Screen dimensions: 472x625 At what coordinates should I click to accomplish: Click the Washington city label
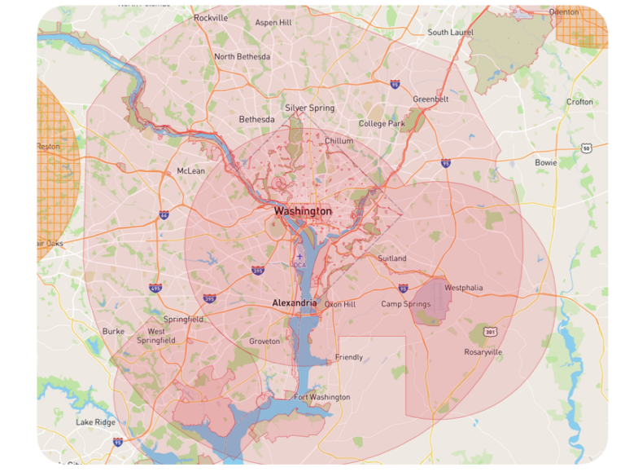tap(303, 211)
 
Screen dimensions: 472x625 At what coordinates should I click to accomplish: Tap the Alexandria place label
tap(294, 303)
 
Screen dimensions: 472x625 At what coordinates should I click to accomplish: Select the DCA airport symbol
tap(299, 257)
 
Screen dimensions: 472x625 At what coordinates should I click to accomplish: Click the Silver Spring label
tap(309, 108)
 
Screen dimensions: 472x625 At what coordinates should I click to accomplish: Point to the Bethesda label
tap(256, 120)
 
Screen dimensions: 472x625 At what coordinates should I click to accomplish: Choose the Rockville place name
tap(211, 18)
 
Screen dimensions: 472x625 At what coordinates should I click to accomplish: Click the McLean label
tap(191, 171)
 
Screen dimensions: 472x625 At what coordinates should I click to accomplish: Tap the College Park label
tap(382, 124)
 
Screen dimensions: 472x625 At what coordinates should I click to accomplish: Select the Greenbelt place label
tap(431, 99)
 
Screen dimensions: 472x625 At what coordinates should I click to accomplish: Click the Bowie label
tap(546, 162)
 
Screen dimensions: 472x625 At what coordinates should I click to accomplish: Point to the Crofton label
tap(579, 102)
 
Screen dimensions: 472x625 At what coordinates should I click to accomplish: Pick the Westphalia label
tap(464, 288)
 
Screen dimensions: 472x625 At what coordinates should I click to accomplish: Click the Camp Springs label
tap(406, 304)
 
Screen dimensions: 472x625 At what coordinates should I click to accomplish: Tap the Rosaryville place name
tap(483, 352)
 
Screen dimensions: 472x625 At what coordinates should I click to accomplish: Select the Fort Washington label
tap(322, 397)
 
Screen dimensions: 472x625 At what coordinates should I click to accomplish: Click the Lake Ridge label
tap(96, 422)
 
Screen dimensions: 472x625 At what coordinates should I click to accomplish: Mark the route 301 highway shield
tap(489, 332)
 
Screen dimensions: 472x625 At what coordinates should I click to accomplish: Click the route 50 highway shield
tap(586, 148)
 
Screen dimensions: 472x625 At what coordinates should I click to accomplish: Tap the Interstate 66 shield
tap(164, 215)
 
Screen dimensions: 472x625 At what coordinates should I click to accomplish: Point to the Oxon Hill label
tap(340, 304)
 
